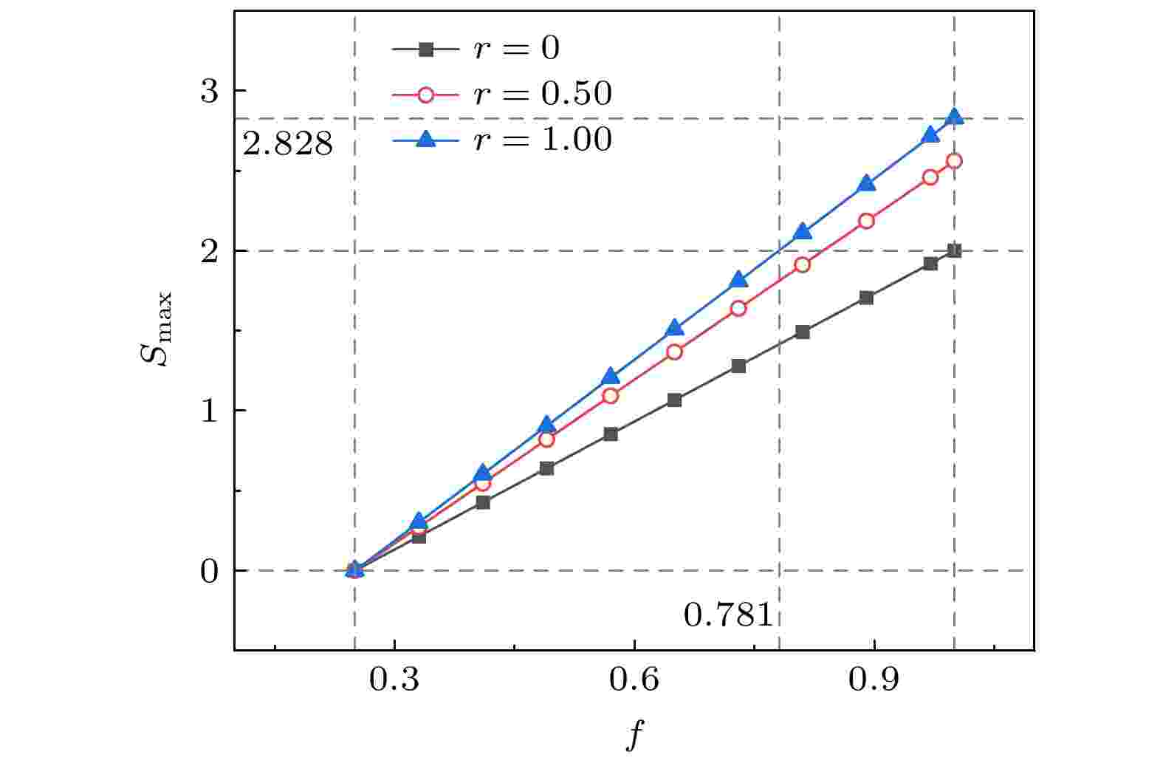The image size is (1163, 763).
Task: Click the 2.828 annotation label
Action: click(x=288, y=145)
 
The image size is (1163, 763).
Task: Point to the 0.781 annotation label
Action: click(x=728, y=615)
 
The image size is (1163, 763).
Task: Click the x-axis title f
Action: click(x=633, y=735)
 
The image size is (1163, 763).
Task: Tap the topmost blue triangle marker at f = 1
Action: click(x=954, y=117)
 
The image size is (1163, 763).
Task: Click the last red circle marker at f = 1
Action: click(x=954, y=161)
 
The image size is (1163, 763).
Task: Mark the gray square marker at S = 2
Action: click(x=954, y=251)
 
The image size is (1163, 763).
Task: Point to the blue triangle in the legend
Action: click(x=425, y=139)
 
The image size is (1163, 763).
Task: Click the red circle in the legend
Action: click(x=425, y=94)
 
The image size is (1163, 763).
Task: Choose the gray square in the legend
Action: click(x=425, y=49)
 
